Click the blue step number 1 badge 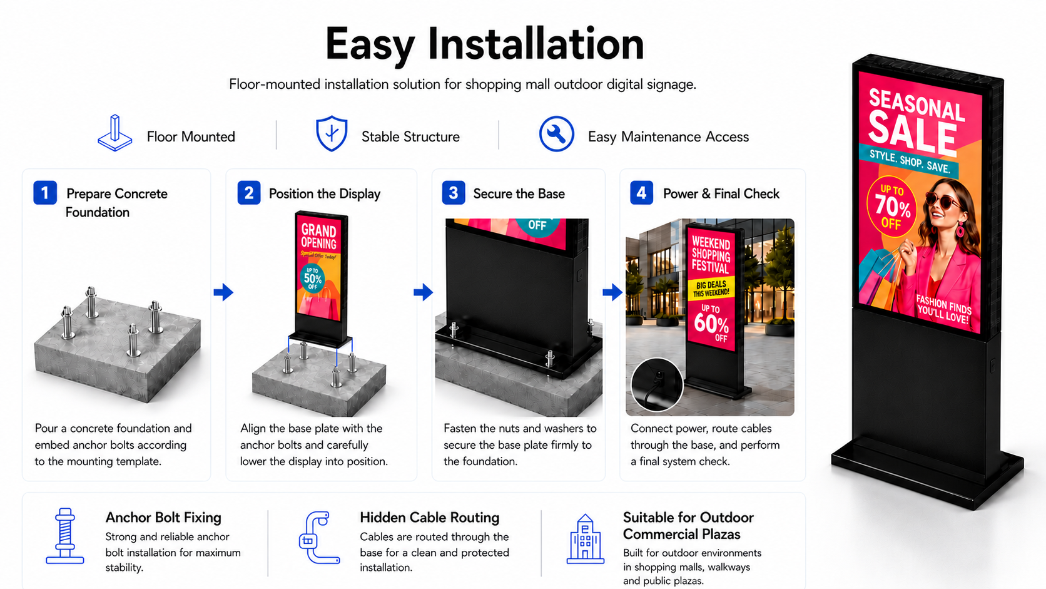tap(45, 192)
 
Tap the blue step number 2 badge tap(249, 192)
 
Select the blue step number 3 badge tap(454, 192)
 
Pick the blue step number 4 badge tap(642, 192)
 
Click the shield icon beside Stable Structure tap(332, 133)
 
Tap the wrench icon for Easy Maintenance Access tap(556, 133)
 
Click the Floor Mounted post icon tap(115, 133)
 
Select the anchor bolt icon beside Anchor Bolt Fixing tap(65, 536)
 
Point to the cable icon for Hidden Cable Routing tap(320, 537)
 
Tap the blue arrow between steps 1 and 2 tap(223, 292)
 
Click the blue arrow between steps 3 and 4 tap(612, 292)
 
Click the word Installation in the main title tap(536, 44)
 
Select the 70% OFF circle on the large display tap(891, 207)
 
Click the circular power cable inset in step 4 tap(656, 385)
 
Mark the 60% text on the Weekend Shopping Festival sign tap(711, 323)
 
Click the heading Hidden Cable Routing tap(430, 518)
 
